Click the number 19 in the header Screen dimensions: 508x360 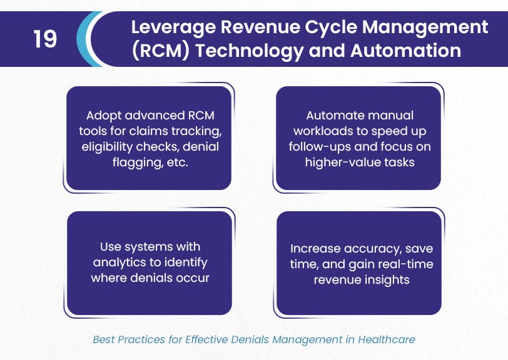click(45, 39)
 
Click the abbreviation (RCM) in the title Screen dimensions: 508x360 click(161, 51)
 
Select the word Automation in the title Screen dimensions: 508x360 click(405, 51)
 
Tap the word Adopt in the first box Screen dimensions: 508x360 click(104, 116)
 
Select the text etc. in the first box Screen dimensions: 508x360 click(177, 162)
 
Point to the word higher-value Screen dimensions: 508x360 click(343, 162)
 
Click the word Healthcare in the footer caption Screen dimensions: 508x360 click(387, 339)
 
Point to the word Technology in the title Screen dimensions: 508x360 click(250, 51)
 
